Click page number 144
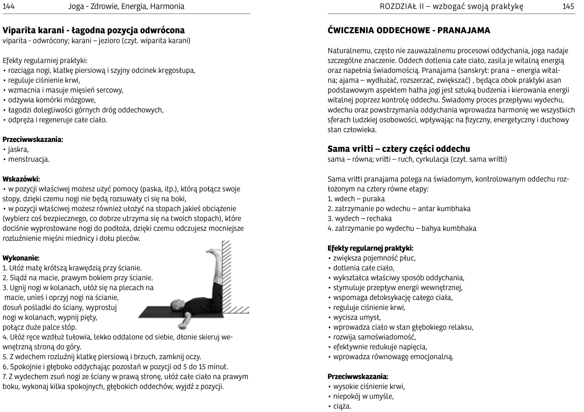point(8,6)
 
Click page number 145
point(568,6)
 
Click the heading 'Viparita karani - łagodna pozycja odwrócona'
point(93,30)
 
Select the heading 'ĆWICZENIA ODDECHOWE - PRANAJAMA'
point(409,30)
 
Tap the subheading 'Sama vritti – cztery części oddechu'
point(399,149)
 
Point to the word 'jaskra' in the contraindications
point(18,149)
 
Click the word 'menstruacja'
point(29,159)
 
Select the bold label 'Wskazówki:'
point(21,179)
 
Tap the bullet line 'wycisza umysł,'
point(357,317)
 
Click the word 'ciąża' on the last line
point(342,406)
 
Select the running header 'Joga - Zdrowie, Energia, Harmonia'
point(126,6)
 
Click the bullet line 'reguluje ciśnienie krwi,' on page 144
point(44,80)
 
